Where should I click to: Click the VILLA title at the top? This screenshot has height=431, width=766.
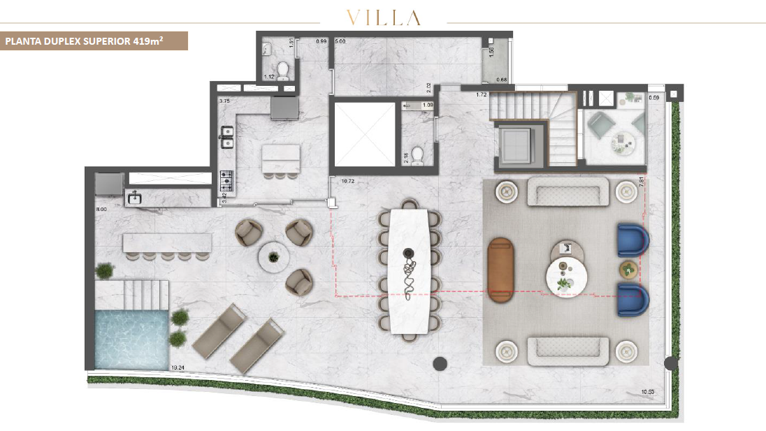(383, 17)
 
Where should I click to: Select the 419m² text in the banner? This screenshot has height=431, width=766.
(148, 41)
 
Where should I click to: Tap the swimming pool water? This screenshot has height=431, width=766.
(132, 339)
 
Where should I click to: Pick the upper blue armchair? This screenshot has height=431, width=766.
(633, 241)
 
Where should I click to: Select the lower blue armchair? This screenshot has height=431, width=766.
(633, 300)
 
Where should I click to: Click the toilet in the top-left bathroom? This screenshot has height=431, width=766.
(283, 71)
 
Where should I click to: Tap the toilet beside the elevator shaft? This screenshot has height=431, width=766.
(417, 155)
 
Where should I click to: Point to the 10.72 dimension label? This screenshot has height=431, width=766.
(347, 181)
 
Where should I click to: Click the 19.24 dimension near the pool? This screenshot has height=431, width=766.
(177, 367)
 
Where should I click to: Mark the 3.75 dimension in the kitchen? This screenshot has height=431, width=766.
(224, 101)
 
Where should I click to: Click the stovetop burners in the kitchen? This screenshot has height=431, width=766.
(227, 182)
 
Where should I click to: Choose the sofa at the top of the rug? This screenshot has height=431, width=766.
(567, 191)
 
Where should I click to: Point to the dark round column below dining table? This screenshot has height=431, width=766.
(440, 363)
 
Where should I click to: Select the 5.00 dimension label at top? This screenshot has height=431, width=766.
(340, 42)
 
